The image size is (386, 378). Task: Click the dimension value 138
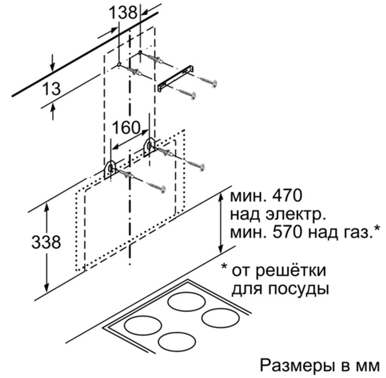pyautogui.click(x=123, y=12)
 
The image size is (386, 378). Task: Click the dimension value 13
pyautogui.click(x=51, y=89)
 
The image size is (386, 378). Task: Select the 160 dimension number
pyautogui.click(x=126, y=128)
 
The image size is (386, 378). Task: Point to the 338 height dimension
pyautogui.click(x=46, y=242)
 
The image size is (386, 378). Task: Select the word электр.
pyautogui.click(x=295, y=214)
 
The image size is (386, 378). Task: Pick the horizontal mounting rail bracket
pyautogui.click(x=175, y=78)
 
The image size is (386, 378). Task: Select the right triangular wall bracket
pyautogui.click(x=149, y=147)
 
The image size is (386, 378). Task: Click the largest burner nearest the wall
pyautogui.click(x=187, y=302)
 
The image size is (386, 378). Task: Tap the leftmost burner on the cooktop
pyautogui.click(x=143, y=325)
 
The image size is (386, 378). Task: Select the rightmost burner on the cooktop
pyautogui.click(x=221, y=318)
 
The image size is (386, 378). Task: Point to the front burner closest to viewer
pyautogui.click(x=177, y=341)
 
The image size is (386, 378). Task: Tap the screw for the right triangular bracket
pyautogui.click(x=196, y=166)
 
